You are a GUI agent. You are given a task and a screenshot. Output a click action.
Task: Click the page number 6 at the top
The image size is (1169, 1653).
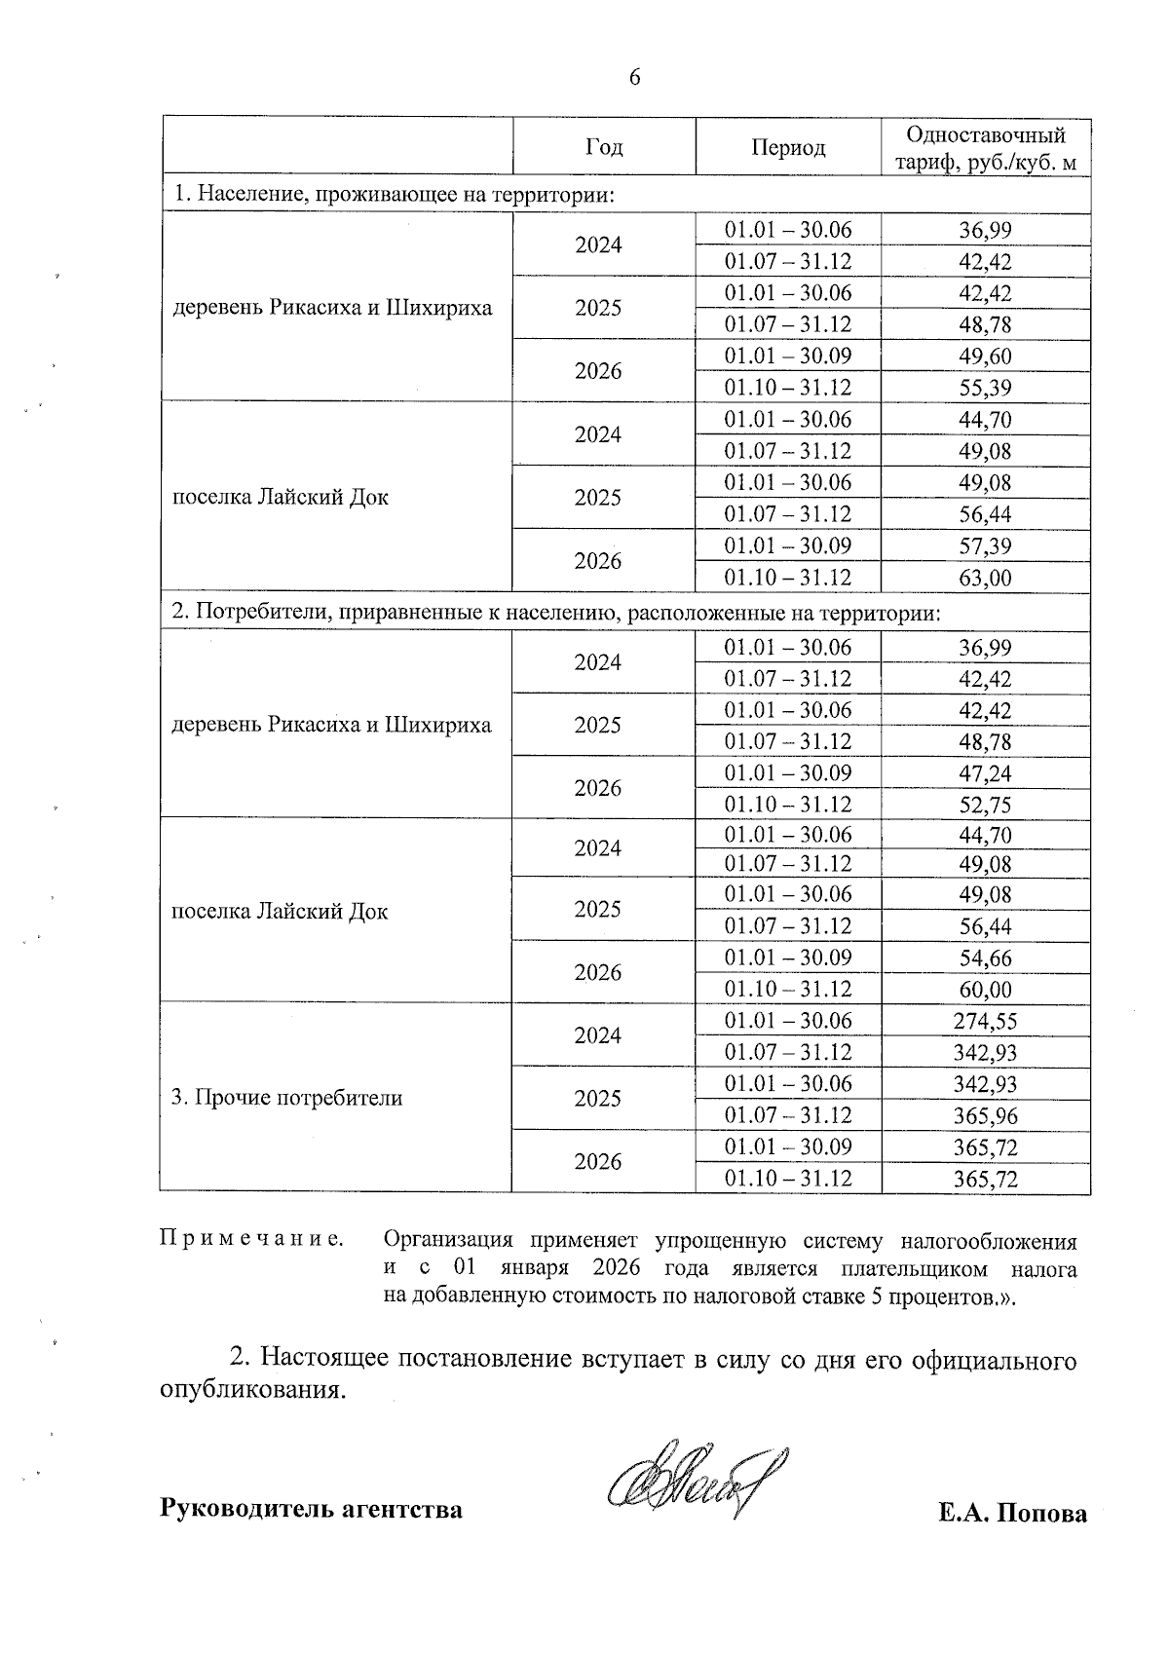tap(634, 77)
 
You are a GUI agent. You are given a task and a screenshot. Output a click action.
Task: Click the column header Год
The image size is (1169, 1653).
tap(604, 147)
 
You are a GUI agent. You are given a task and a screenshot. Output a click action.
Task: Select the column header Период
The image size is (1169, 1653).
tap(788, 147)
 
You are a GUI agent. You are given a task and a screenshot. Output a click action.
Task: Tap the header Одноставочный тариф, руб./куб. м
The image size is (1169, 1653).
tap(985, 148)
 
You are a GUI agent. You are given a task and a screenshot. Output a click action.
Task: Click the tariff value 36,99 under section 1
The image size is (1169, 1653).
tap(985, 230)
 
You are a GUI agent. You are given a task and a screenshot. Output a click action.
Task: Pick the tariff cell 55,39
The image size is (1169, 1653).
tap(985, 388)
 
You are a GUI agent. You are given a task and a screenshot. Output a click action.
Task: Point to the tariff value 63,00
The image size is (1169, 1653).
tap(985, 578)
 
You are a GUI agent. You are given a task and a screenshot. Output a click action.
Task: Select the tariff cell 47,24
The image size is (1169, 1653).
tap(985, 773)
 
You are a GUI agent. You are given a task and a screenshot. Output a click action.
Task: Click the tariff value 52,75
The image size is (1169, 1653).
tap(985, 805)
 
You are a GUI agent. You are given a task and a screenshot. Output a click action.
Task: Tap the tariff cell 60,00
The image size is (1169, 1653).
tap(985, 990)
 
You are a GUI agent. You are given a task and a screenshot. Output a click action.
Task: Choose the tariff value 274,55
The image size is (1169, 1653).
tap(985, 1021)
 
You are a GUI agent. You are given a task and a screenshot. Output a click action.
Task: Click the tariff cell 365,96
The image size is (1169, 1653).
tap(985, 1115)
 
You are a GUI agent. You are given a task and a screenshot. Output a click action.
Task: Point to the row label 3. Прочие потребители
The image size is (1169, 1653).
tap(287, 1098)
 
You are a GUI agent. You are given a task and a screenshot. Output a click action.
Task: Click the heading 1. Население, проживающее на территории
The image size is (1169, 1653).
tap(395, 195)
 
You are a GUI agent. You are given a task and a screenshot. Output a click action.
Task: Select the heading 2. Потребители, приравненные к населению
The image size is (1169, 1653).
tap(555, 613)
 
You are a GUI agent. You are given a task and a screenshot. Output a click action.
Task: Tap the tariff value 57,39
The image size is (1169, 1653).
tap(985, 545)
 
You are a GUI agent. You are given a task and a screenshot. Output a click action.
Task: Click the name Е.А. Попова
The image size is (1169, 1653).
tap(1012, 1513)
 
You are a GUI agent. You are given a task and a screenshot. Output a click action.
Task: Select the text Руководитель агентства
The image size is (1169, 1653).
tap(311, 1510)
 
